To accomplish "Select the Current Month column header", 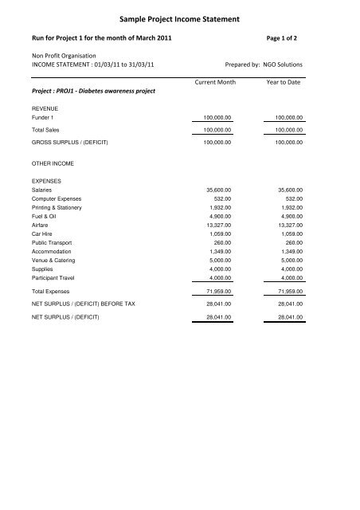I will point(217,82).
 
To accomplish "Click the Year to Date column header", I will point(288,82).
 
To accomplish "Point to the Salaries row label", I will point(43,191).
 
